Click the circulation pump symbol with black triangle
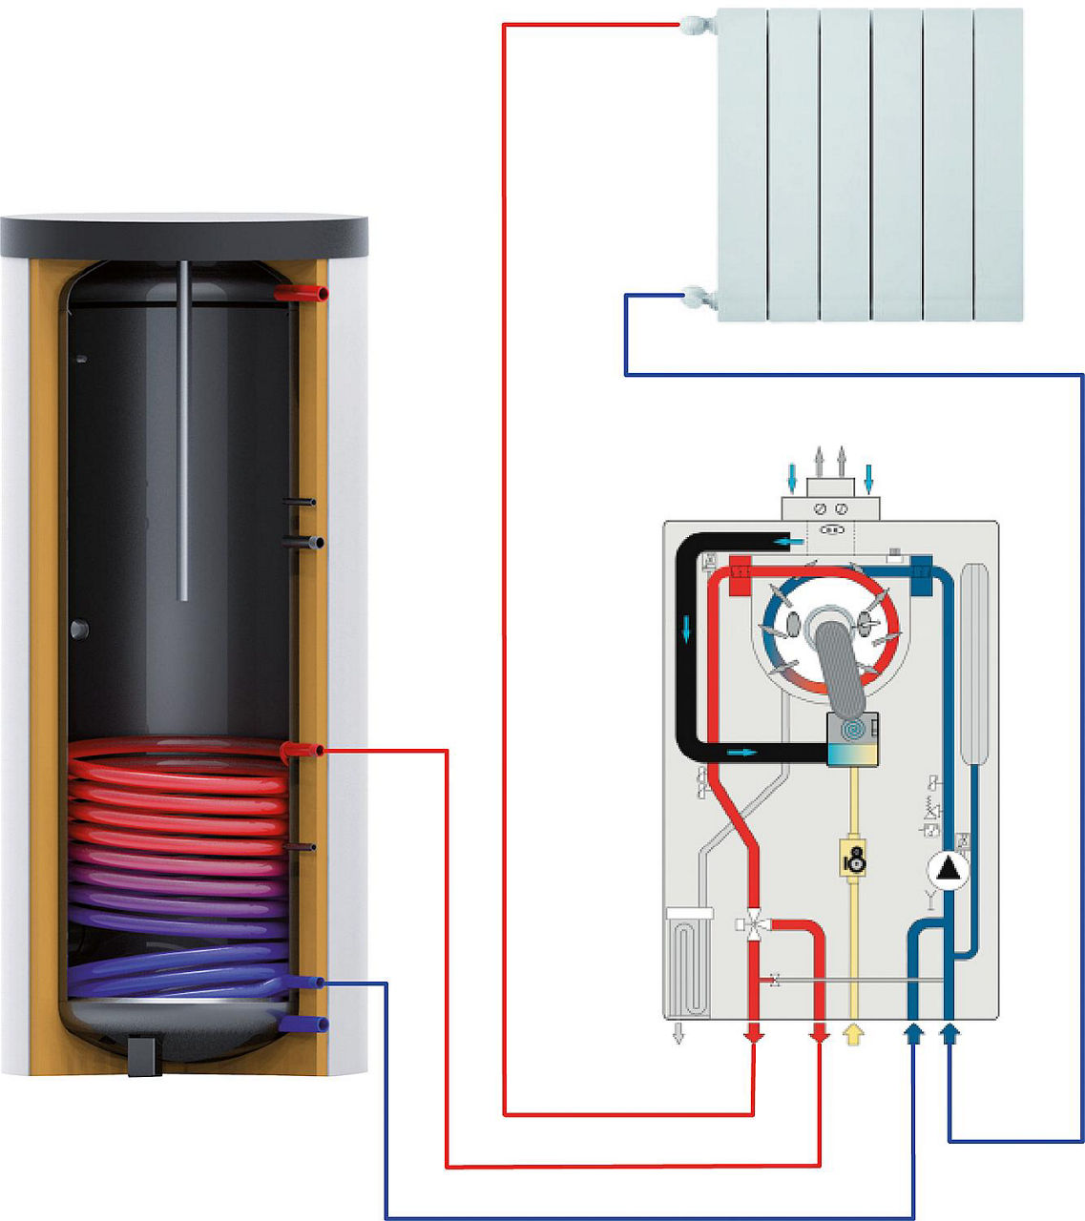pyautogui.click(x=949, y=869)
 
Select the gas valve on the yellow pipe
pyautogui.click(x=854, y=858)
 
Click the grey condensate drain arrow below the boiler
pyautogui.click(x=678, y=1033)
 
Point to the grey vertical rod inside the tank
pyautogui.click(x=183, y=429)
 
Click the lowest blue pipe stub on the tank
pyautogui.click(x=307, y=1024)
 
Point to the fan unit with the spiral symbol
pyautogui.click(x=853, y=739)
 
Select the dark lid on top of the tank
pyautogui.click(x=183, y=236)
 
